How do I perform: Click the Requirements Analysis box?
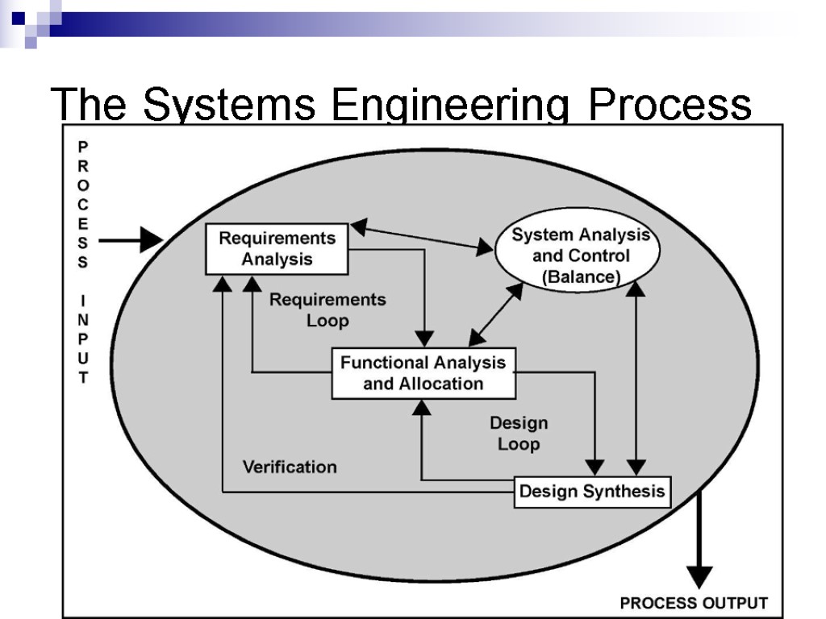(277, 249)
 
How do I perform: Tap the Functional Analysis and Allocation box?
(423, 373)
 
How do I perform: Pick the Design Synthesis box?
(592, 492)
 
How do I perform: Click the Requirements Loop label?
(327, 310)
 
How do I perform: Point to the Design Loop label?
(519, 434)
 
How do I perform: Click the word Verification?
(290, 467)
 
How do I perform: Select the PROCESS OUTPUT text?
(694, 603)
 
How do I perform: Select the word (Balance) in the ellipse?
(581, 277)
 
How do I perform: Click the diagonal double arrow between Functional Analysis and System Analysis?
(495, 314)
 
